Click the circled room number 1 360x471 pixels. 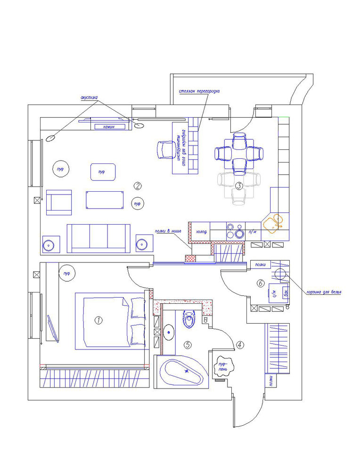pos(98,320)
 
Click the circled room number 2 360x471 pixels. pos(138,185)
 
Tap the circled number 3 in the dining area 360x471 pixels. pos(239,185)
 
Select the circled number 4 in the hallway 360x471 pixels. pos(240,345)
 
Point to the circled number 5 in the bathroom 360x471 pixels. pos(188,345)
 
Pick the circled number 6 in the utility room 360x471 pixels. pos(260,283)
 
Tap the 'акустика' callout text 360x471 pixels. pos(89,97)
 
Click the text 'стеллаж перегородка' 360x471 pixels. pos(199,91)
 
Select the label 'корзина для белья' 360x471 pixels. pos(324,292)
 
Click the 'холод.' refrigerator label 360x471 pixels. pos(201,232)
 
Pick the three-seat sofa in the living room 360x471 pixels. pos(98,237)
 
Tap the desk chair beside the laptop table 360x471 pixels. pos(164,150)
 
